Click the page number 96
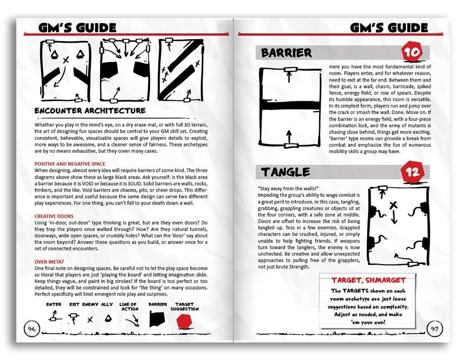31,329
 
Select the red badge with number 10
412,53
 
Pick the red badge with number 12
412,172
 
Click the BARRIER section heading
287,53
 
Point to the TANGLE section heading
286,172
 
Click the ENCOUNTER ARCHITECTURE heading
90,111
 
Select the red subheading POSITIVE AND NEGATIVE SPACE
70,164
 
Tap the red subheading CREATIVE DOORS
54,216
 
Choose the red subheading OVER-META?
49,262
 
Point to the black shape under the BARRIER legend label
157,319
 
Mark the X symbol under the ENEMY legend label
90,320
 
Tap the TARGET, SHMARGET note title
368,280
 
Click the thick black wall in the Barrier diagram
290,106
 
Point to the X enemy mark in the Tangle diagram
393,205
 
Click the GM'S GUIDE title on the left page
77,28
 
